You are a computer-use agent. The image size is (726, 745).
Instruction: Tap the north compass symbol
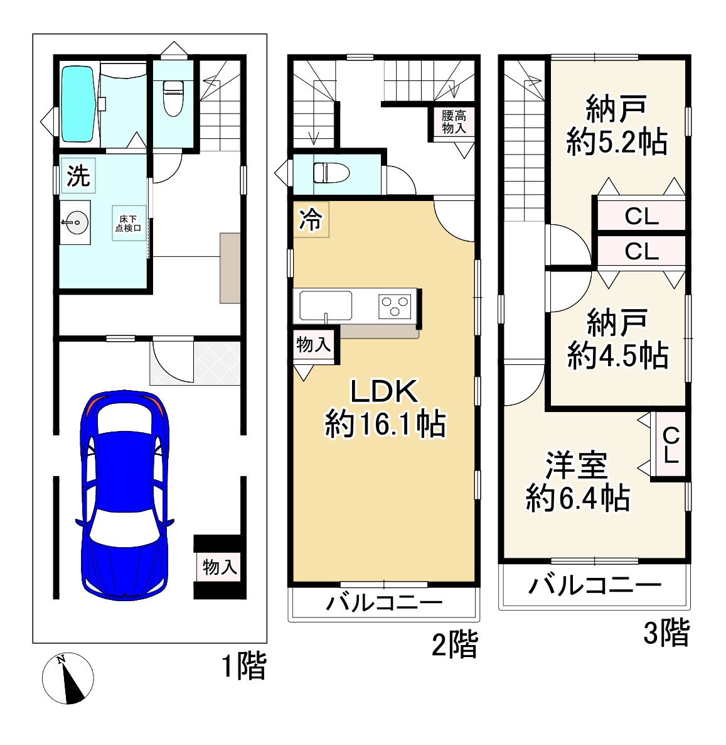68,678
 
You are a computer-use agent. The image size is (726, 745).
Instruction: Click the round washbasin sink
76,222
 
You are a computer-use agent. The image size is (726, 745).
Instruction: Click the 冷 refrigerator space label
311,220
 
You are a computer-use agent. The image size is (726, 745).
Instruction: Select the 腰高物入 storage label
453,122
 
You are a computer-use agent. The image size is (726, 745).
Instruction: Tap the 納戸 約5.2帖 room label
616,126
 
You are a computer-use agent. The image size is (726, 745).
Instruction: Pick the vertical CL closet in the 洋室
670,445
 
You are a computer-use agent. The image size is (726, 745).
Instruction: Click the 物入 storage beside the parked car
219,567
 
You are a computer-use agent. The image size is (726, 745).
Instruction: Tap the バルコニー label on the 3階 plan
594,586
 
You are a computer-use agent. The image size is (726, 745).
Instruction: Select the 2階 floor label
455,645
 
